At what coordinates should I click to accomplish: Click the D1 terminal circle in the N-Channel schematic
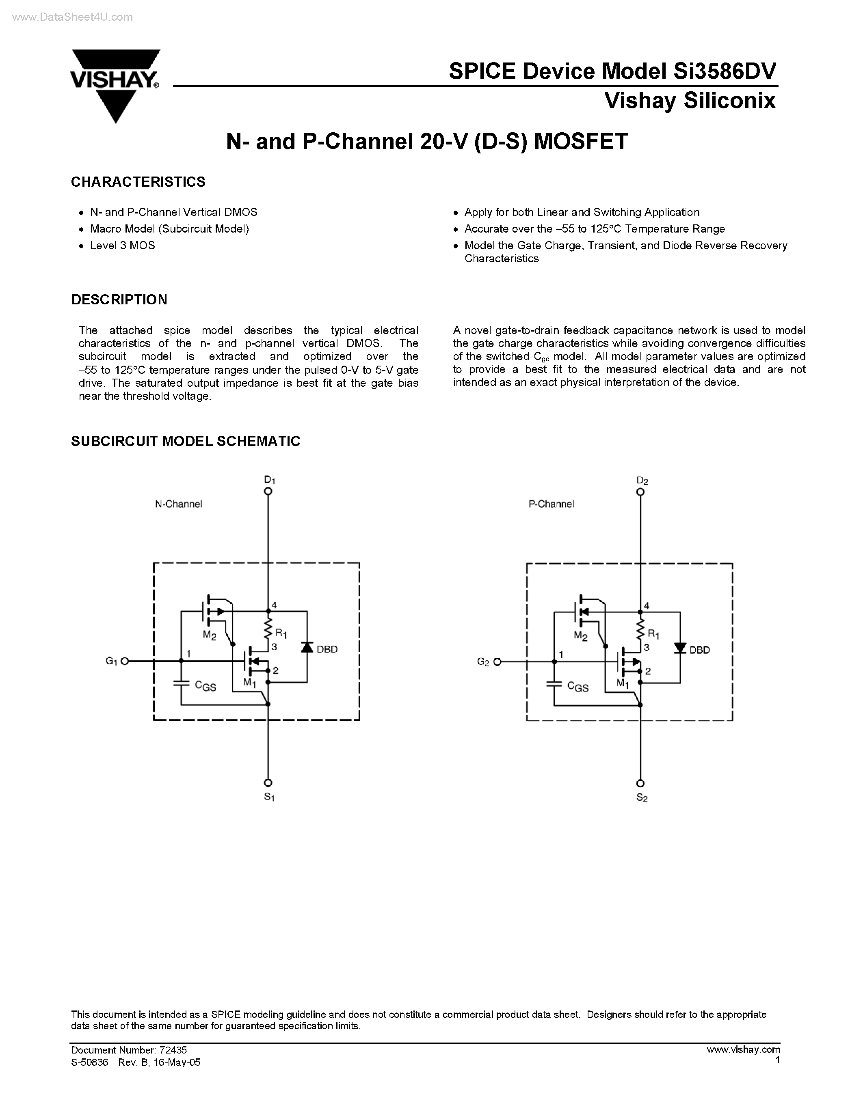coord(268,491)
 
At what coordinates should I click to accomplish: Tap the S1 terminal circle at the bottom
coord(268,783)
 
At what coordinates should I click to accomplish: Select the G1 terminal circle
coord(124,661)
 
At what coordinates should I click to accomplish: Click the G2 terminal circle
coord(497,662)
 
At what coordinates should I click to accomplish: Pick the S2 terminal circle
coord(640,783)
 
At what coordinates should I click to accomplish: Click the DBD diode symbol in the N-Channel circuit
coord(307,647)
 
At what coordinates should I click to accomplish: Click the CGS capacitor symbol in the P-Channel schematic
coord(554,684)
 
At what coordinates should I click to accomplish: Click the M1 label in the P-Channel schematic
coord(622,683)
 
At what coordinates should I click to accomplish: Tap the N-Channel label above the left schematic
coord(178,504)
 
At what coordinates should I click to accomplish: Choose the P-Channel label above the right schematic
coord(551,504)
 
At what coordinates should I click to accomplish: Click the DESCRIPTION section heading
coord(119,299)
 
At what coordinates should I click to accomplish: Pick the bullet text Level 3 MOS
coord(122,245)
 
